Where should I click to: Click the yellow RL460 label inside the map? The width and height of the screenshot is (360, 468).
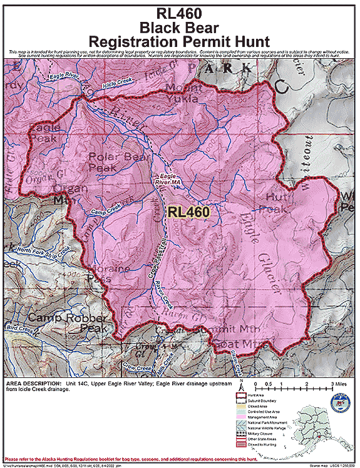pyautogui.click(x=188, y=212)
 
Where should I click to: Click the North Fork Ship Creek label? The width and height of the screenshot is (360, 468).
pyautogui.click(x=43, y=252)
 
